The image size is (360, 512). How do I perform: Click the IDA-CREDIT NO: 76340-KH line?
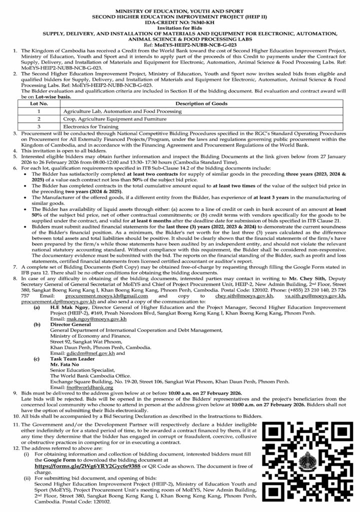click(x=179, y=23)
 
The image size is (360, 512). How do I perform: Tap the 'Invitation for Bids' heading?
click(x=179, y=28)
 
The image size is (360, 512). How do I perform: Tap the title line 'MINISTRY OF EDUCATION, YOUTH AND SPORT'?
click(x=179, y=10)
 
